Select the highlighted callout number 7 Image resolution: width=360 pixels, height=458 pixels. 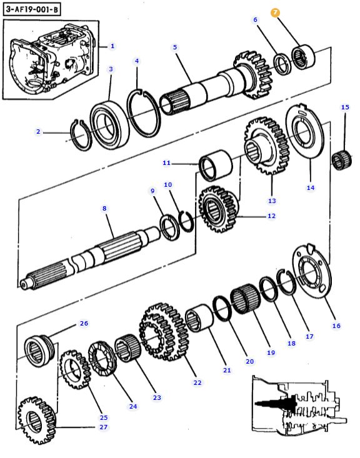276,12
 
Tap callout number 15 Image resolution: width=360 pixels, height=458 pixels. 345,107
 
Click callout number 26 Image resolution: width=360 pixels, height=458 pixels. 84,324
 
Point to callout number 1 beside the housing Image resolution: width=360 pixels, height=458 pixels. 112,46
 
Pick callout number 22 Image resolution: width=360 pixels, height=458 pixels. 197,382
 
